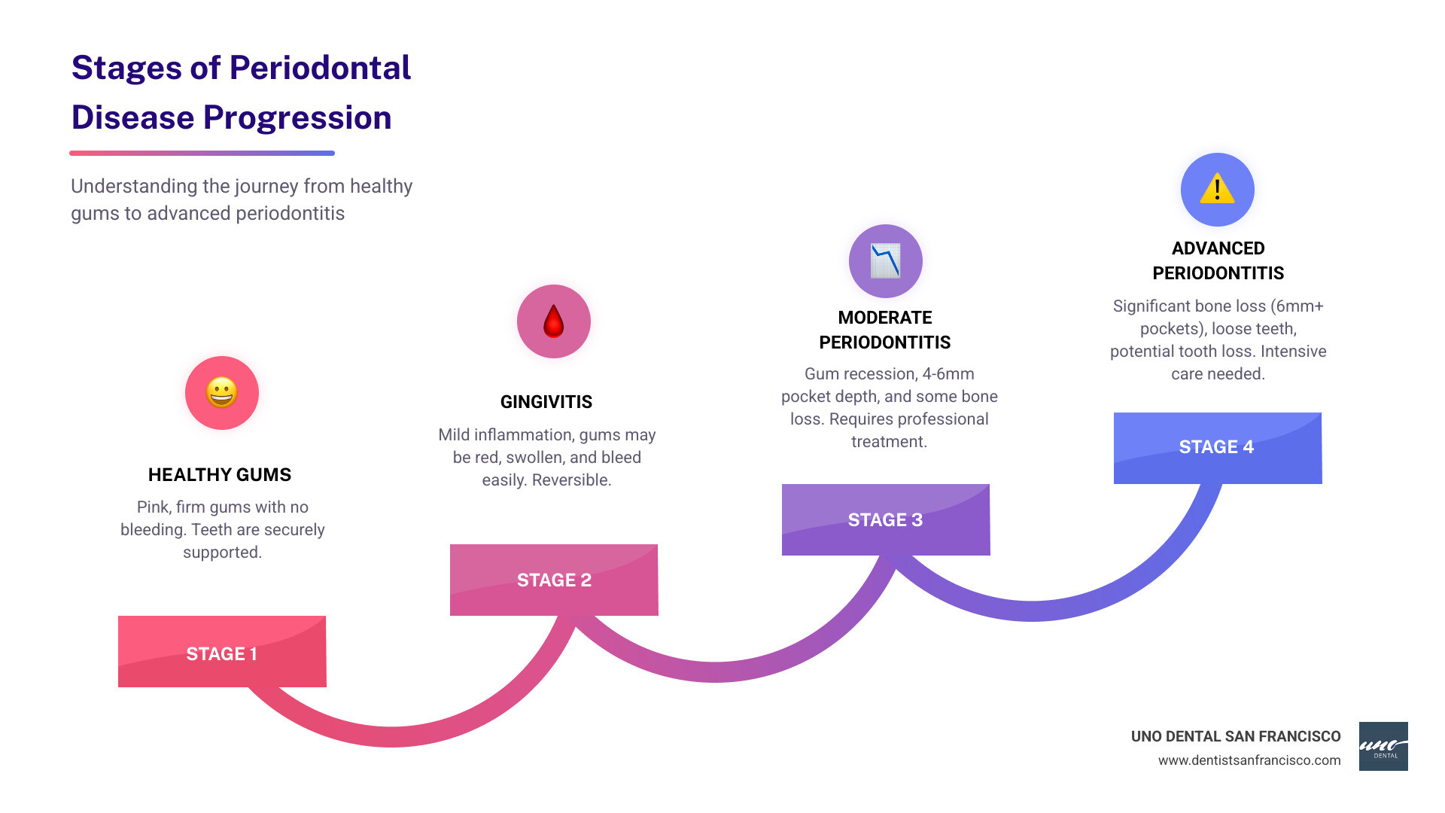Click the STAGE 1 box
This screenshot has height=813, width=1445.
pyautogui.click(x=222, y=652)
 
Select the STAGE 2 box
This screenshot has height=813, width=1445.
pyautogui.click(x=554, y=580)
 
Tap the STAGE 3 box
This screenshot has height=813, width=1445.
pyautogui.click(x=885, y=519)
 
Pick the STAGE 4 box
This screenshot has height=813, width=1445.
pyautogui.click(x=1217, y=447)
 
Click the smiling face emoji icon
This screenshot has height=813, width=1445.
pyautogui.click(x=222, y=393)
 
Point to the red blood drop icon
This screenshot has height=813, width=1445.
pyautogui.click(x=554, y=321)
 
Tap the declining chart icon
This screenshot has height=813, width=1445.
pyautogui.click(x=885, y=261)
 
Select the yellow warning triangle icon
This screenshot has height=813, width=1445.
pyautogui.click(x=1217, y=189)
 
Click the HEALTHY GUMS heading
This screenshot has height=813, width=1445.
pyautogui.click(x=220, y=475)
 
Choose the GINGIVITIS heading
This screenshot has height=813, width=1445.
pyautogui.click(x=546, y=402)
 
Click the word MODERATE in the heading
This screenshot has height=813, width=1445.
pyautogui.click(x=885, y=318)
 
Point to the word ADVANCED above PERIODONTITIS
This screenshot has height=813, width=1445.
pyautogui.click(x=1218, y=248)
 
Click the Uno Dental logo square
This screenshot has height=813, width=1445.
pyautogui.click(x=1383, y=746)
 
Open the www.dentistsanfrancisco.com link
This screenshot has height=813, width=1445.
pyautogui.click(x=1249, y=760)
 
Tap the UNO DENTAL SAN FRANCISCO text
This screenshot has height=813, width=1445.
pyautogui.click(x=1236, y=736)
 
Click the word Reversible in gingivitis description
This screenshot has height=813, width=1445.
pyautogui.click(x=571, y=480)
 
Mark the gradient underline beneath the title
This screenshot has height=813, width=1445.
pyautogui.click(x=202, y=153)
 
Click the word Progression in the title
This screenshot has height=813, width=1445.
pyautogui.click(x=297, y=118)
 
